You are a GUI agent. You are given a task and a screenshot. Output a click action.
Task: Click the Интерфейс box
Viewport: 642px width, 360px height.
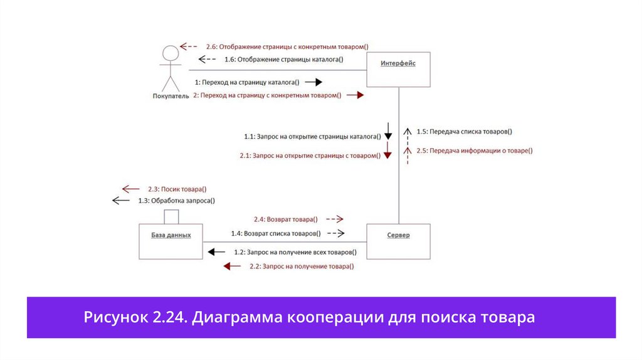pyautogui.click(x=398, y=68)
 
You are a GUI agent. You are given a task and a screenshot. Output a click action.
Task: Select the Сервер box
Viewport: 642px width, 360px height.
pyautogui.click(x=398, y=240)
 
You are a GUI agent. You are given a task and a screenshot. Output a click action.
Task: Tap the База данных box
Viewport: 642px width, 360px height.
pyautogui.click(x=171, y=240)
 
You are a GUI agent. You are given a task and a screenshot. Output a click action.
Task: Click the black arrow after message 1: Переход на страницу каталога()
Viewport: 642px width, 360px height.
pyautogui.click(x=314, y=82)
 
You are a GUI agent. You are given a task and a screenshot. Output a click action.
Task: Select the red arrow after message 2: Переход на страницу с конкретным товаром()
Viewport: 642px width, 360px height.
pyautogui.click(x=355, y=95)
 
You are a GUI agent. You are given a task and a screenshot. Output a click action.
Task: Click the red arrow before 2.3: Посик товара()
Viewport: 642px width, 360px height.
pyautogui.click(x=130, y=189)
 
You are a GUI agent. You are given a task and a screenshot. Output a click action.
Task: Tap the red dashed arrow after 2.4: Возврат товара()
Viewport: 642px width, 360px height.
pyautogui.click(x=335, y=220)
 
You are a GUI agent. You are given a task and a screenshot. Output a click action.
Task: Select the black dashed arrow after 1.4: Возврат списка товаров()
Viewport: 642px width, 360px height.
pyautogui.click(x=336, y=233)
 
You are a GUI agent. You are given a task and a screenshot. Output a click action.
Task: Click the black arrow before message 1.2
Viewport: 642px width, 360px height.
pyautogui.click(x=216, y=252)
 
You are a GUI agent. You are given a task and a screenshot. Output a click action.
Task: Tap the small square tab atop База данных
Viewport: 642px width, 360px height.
pyautogui.click(x=171, y=216)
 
